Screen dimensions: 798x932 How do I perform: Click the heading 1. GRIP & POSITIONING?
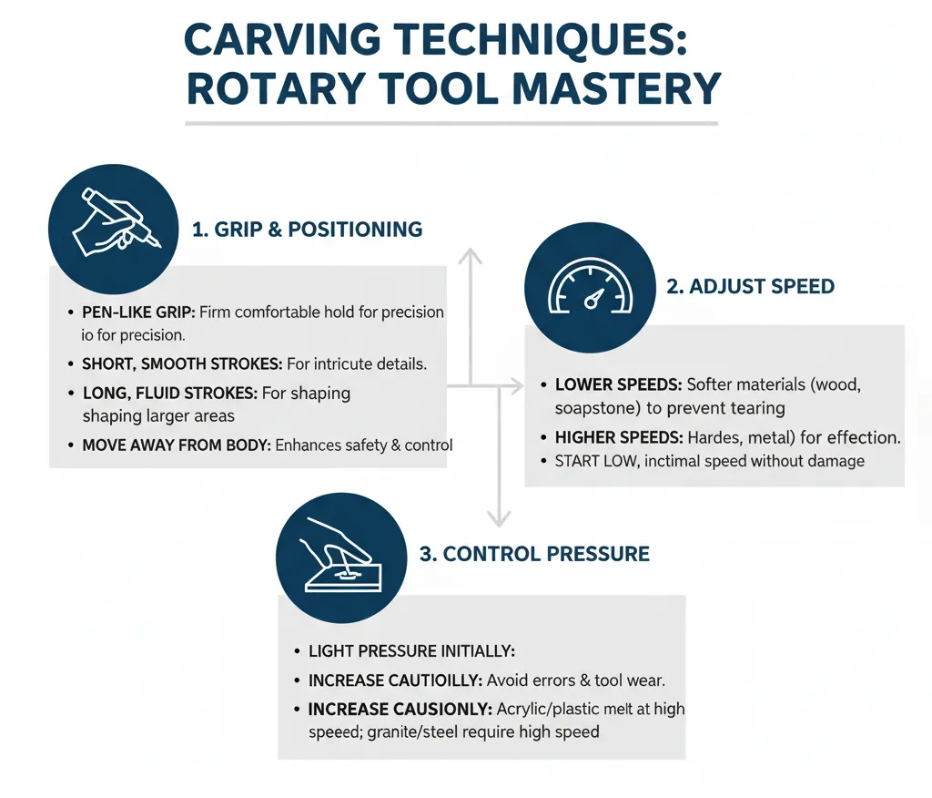pyautogui.click(x=307, y=230)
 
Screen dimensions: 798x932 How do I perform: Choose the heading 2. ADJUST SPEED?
pyautogui.click(x=750, y=286)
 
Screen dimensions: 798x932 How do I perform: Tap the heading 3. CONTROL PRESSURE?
pyautogui.click(x=534, y=553)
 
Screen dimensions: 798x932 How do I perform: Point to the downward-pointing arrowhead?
pyautogui.click(x=497, y=518)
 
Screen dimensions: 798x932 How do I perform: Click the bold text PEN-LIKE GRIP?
pyautogui.click(x=137, y=312)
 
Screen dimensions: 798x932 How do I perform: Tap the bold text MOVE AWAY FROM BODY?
pyautogui.click(x=176, y=445)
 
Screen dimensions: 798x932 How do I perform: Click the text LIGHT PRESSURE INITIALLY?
pyautogui.click(x=411, y=651)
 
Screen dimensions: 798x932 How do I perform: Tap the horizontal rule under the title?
pyautogui.click(x=451, y=123)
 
